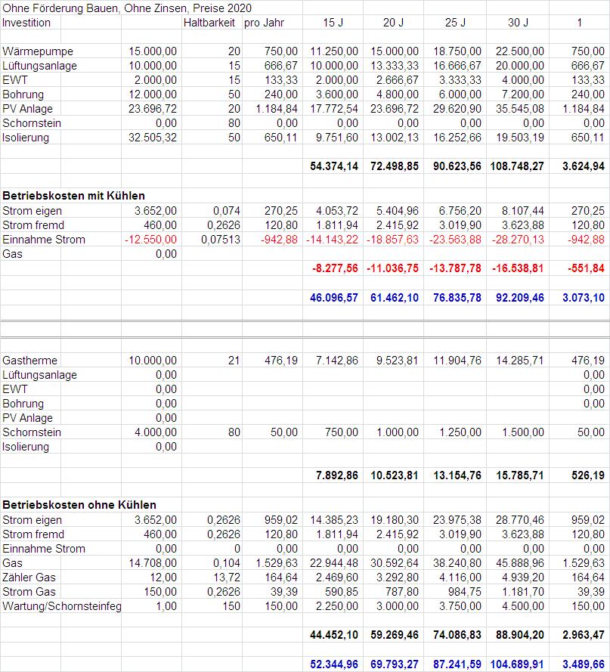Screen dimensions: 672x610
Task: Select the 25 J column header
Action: point(454,23)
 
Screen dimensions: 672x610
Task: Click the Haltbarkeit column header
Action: point(209,23)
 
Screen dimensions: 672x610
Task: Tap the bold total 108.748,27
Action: point(514,166)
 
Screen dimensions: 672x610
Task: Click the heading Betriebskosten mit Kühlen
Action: point(74,197)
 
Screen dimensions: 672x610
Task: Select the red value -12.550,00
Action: point(151,240)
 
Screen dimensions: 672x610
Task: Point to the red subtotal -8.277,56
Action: point(334,268)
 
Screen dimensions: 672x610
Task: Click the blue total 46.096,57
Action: point(334,298)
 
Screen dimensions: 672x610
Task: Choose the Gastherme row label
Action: point(30,361)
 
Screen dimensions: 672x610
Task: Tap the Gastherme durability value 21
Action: point(233,361)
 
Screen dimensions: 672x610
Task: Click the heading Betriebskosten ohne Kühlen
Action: point(79,505)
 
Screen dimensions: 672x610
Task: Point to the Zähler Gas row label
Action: point(29,578)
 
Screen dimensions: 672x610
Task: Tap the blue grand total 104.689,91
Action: point(514,664)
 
